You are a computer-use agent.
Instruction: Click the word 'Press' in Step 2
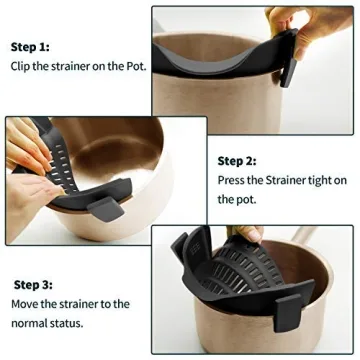(x=233, y=181)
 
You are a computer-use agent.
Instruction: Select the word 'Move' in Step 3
(x=27, y=304)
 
